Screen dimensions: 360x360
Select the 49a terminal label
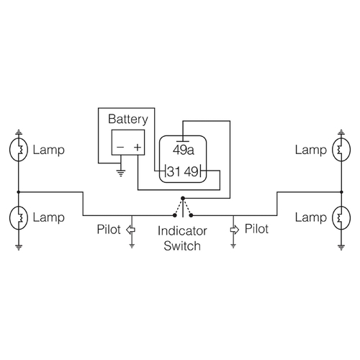[x=183, y=150]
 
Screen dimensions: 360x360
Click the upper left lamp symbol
[x=20, y=150]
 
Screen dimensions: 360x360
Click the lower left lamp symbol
[x=20, y=217]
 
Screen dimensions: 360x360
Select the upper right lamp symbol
[x=339, y=150]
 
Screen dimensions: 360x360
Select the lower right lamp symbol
[x=339, y=217]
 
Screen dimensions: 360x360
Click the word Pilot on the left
[x=110, y=230]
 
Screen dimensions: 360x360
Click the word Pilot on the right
[x=256, y=230]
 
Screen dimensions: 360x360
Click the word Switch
[x=181, y=246]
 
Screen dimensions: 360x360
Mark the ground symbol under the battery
[x=121, y=172]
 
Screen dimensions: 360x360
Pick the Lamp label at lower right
[x=310, y=217]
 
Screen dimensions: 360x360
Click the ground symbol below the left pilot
[x=131, y=244]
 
